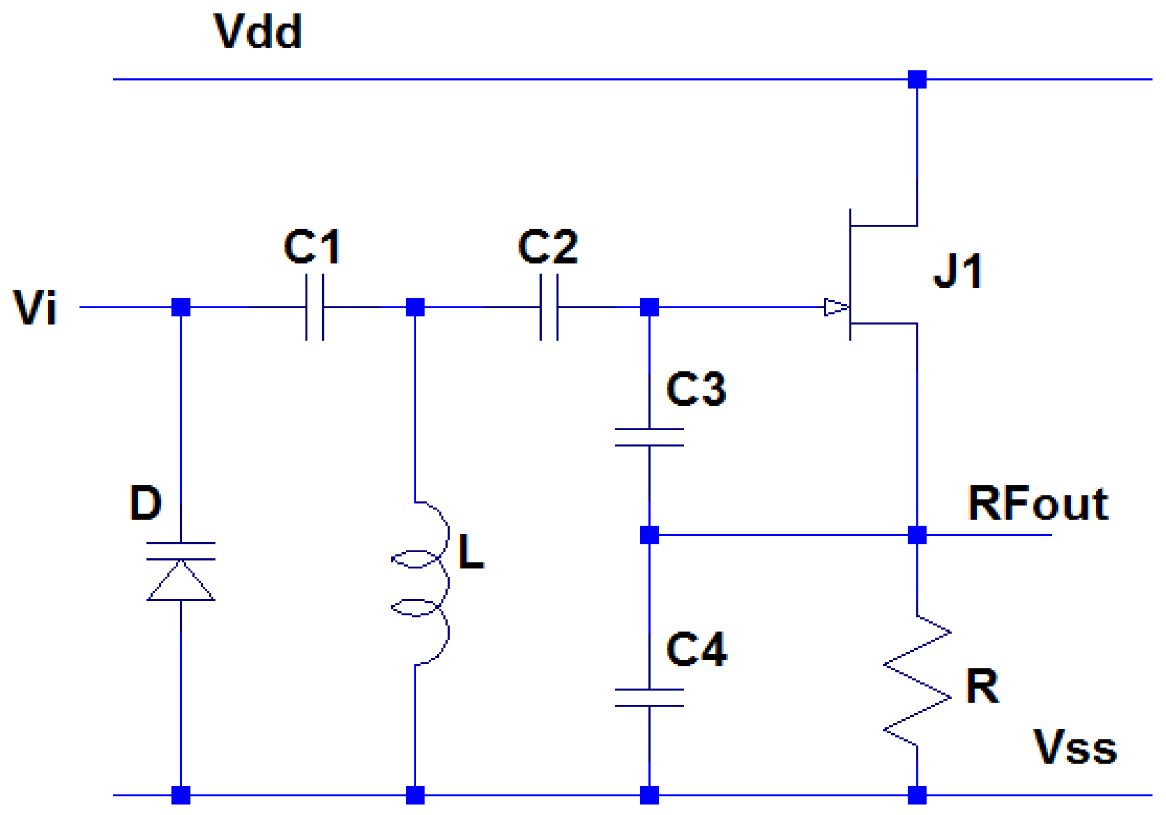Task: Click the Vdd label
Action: click(x=258, y=31)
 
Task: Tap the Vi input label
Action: click(x=35, y=307)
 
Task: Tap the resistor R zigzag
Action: click(x=917, y=681)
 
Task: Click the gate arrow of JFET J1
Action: click(x=835, y=307)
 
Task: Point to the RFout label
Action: click(x=1038, y=504)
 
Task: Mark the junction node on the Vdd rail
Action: click(x=917, y=79)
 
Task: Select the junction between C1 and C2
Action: click(x=415, y=307)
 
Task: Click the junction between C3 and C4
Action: click(x=649, y=535)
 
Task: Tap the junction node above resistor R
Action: click(x=917, y=535)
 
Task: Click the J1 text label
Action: click(x=957, y=271)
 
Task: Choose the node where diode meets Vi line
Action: click(x=181, y=307)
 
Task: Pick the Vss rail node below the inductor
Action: click(x=415, y=795)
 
